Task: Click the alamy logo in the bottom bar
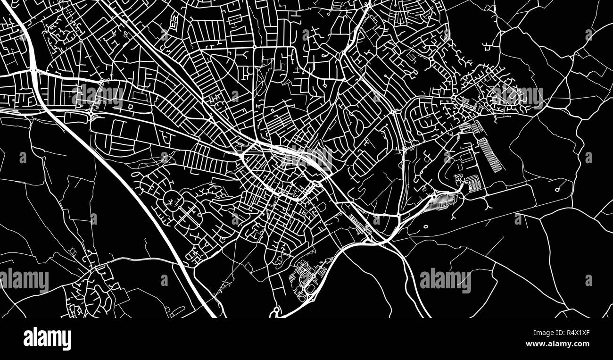(x=47, y=339)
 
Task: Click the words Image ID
(x=542, y=333)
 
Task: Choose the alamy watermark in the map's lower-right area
(x=445, y=280)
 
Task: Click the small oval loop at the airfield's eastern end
(x=557, y=190)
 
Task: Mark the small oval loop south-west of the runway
(x=426, y=226)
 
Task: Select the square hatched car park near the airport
(x=473, y=183)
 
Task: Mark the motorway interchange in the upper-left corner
(x=33, y=71)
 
